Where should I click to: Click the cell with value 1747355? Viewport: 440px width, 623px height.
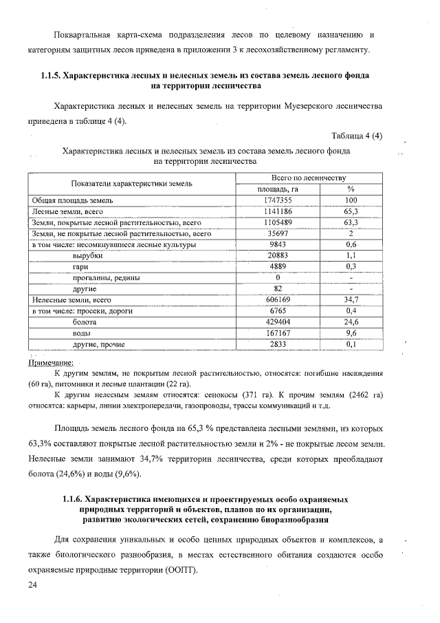(278, 200)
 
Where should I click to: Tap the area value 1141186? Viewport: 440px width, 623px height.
(278, 211)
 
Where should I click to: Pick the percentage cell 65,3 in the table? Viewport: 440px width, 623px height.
(351, 211)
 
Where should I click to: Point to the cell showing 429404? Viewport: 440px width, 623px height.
(278, 321)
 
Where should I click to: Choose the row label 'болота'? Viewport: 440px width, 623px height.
(85, 321)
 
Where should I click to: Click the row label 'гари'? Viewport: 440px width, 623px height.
(80, 266)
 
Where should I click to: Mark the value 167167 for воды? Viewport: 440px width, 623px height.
(278, 332)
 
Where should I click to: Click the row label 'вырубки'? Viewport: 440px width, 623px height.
(87, 255)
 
